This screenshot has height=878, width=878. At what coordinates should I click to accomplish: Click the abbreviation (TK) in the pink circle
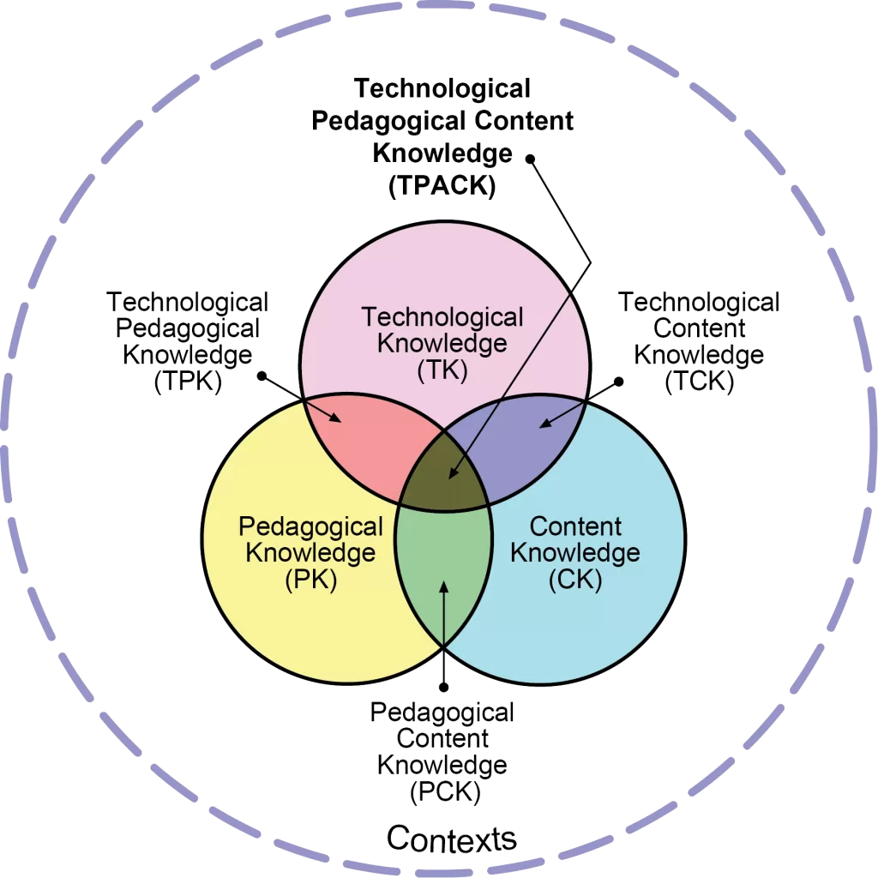pos(442,372)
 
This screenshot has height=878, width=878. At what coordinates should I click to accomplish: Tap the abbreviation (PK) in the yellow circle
pos(310,580)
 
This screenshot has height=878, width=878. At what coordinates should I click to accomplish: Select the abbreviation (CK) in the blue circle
pos(575,580)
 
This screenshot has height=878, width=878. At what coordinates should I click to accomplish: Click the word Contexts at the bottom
pos(452,837)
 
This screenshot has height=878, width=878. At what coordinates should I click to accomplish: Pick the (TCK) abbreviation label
pos(700,382)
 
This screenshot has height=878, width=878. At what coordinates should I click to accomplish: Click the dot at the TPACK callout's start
pos(529,157)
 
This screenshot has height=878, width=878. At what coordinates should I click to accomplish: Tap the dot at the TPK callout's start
pos(262,376)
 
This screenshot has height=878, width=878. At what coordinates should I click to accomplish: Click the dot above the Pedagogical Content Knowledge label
pos(443,687)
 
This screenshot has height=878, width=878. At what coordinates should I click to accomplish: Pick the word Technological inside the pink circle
pos(442,317)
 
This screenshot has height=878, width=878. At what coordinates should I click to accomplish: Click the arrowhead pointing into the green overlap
pos(443,586)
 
